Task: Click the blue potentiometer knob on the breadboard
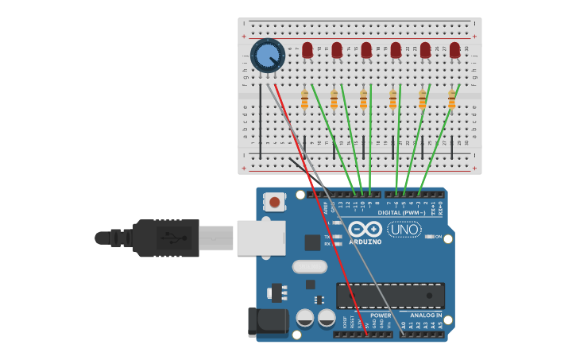(x=267, y=56)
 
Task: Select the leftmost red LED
(x=307, y=51)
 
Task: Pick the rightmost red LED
(x=454, y=51)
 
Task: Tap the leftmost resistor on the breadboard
(x=304, y=100)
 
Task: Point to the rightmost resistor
(x=452, y=100)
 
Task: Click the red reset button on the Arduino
(x=274, y=202)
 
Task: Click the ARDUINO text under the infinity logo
(x=365, y=241)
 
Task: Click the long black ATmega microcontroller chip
(x=390, y=296)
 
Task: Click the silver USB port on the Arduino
(x=261, y=238)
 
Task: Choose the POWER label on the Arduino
(x=370, y=315)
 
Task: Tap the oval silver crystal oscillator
(x=309, y=267)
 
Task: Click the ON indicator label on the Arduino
(x=438, y=237)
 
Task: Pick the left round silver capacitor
(x=305, y=319)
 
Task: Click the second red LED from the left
(x=337, y=51)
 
